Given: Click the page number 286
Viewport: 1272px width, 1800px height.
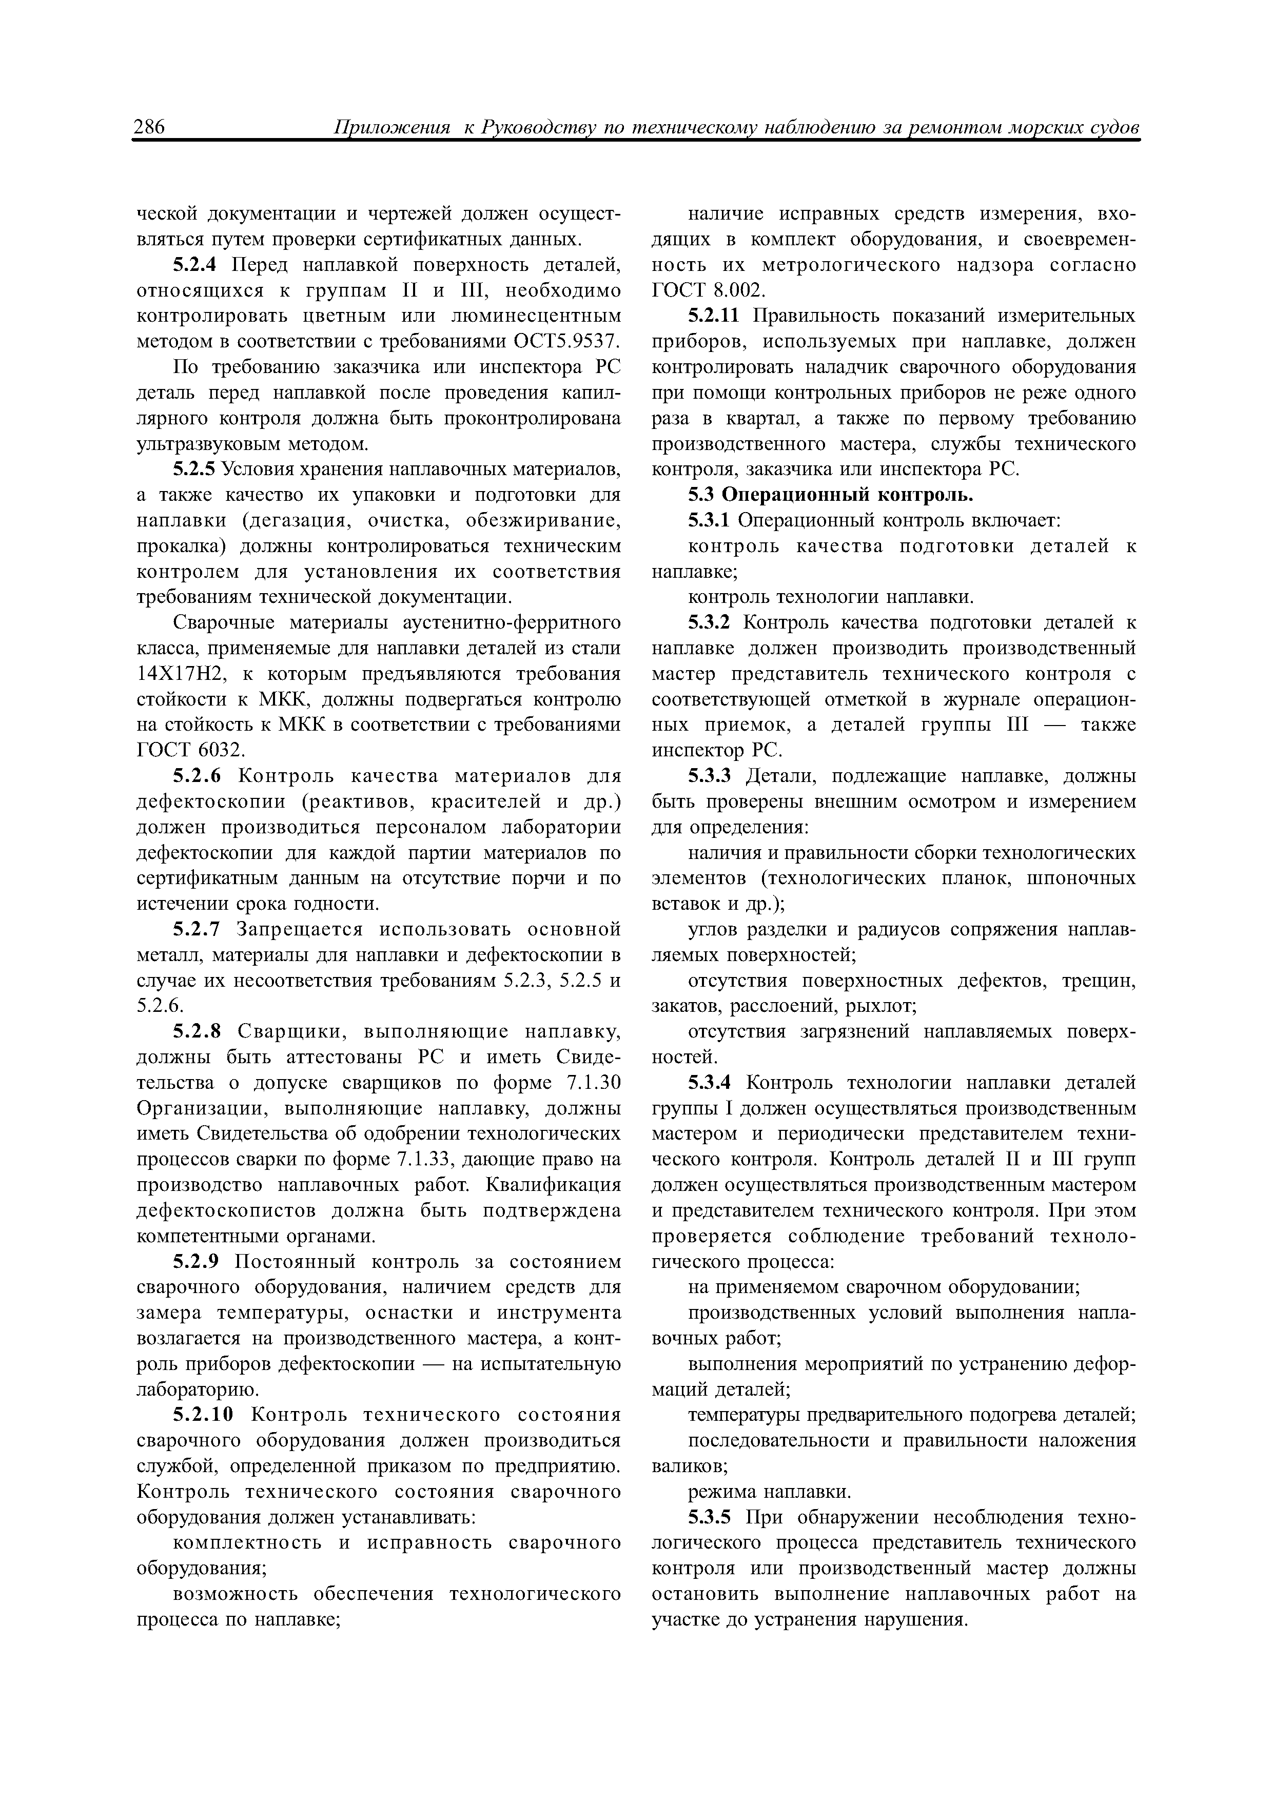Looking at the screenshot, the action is [149, 128].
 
